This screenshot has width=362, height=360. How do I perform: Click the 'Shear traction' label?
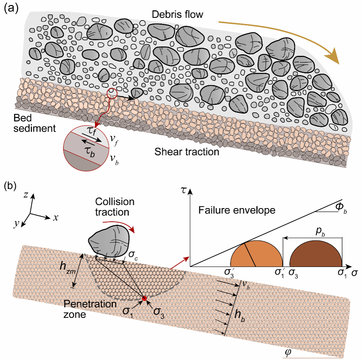[x=187, y=152]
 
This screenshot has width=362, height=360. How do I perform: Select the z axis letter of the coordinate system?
[x=25, y=195]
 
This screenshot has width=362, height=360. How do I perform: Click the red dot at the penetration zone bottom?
[x=144, y=298]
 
